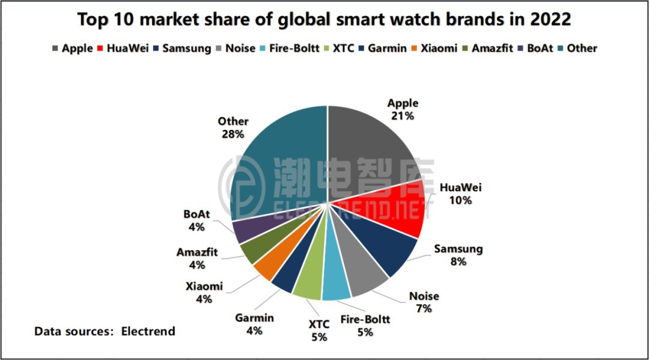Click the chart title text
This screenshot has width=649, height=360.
(x=324, y=19)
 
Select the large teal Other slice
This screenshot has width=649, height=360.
(x=276, y=162)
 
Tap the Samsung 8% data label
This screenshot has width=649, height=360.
(x=458, y=255)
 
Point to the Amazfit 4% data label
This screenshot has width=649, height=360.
(x=197, y=258)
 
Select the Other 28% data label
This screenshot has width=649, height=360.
(x=233, y=127)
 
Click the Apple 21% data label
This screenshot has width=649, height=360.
(x=402, y=109)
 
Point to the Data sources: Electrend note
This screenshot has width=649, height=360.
(x=105, y=331)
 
